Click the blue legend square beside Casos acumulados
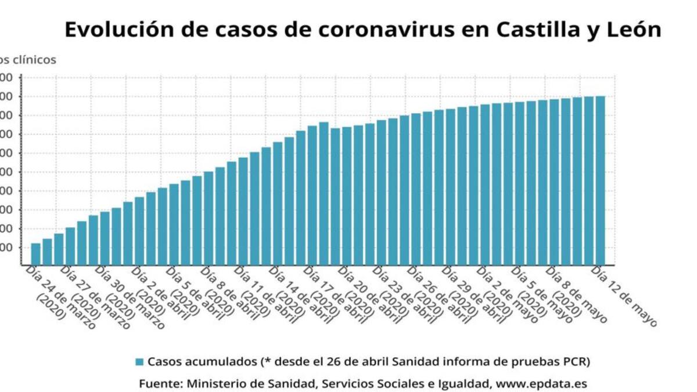coord(139,362)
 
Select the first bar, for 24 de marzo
coord(35,254)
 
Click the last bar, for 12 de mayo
coord(600,180)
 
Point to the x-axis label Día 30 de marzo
coord(129,296)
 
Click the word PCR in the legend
coord(576,361)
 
